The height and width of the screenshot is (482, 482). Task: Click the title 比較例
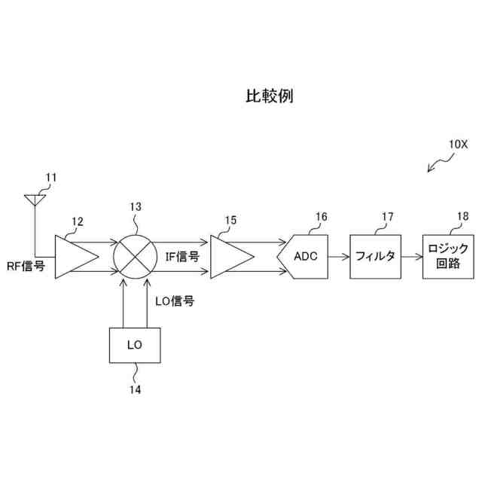pyautogui.click(x=269, y=96)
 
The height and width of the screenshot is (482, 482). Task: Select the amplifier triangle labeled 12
pyautogui.click(x=76, y=256)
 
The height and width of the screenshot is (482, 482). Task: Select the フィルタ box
pyautogui.click(x=375, y=256)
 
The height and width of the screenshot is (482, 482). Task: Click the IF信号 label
pyautogui.click(x=182, y=256)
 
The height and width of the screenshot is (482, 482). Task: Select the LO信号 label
pyautogui.click(x=175, y=301)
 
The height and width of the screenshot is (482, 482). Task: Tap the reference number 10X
pyautogui.click(x=458, y=143)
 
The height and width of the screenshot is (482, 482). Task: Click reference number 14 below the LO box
pyautogui.click(x=135, y=389)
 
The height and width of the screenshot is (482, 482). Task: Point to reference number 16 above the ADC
pyautogui.click(x=322, y=218)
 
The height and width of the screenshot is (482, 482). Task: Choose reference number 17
pyautogui.click(x=387, y=218)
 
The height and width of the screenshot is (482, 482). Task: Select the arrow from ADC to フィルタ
pyautogui.click(x=340, y=256)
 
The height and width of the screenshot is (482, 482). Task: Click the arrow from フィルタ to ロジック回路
pyautogui.click(x=411, y=256)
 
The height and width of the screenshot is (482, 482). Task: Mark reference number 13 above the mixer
pyautogui.click(x=135, y=206)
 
